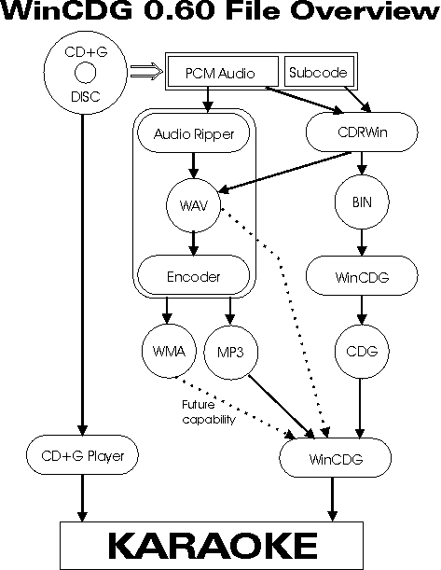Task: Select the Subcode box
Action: (319, 72)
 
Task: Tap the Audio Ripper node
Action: (194, 133)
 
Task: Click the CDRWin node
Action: (362, 132)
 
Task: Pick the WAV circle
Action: (194, 205)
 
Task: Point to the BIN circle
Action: (362, 202)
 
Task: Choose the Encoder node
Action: (194, 275)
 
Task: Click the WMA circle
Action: (169, 351)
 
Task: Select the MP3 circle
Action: (231, 353)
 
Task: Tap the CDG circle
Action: (362, 352)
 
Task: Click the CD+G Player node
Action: (82, 455)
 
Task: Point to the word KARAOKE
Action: (213, 545)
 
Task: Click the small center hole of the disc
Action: (86, 73)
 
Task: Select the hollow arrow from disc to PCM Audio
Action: (146, 71)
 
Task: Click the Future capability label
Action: (209, 411)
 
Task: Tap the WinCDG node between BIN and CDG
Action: (362, 276)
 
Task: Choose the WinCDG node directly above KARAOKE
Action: (336, 458)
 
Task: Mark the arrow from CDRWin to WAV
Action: (284, 172)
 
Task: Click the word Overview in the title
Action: (365, 11)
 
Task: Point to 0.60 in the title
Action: (179, 11)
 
